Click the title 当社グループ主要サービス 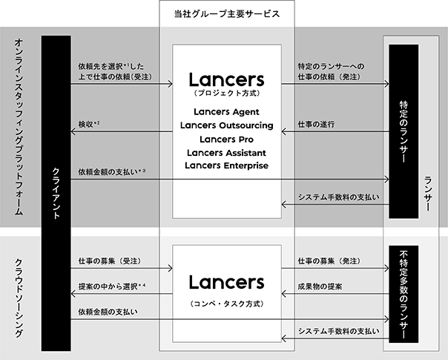(227, 14)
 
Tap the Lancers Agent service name (226, 112)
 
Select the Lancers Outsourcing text (226, 125)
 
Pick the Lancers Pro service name (226, 140)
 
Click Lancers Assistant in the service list (226, 153)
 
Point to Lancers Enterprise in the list (226, 166)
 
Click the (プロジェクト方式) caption (226, 94)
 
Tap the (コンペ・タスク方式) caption (226, 304)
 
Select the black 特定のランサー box (403, 131)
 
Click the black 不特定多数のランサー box (403, 294)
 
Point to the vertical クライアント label (56, 193)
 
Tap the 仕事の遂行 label (316, 125)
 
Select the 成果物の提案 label (320, 287)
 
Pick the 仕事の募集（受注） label (110, 261)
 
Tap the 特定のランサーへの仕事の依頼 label (331, 72)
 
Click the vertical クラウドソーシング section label (19, 298)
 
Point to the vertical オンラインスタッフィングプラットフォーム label (19, 127)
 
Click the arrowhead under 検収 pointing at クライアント (73, 131)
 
